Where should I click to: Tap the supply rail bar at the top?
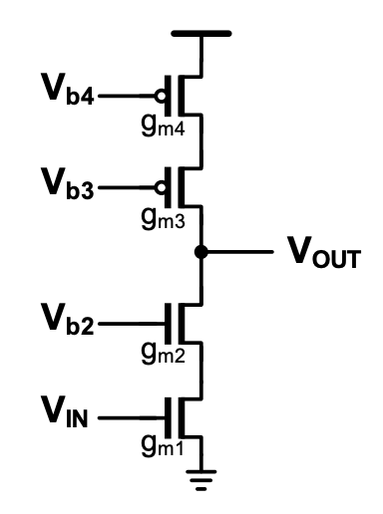click(x=201, y=34)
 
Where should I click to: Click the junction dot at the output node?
click(x=201, y=252)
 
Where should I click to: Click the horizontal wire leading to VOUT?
click(x=239, y=252)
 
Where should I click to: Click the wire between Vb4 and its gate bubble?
click(x=130, y=97)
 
